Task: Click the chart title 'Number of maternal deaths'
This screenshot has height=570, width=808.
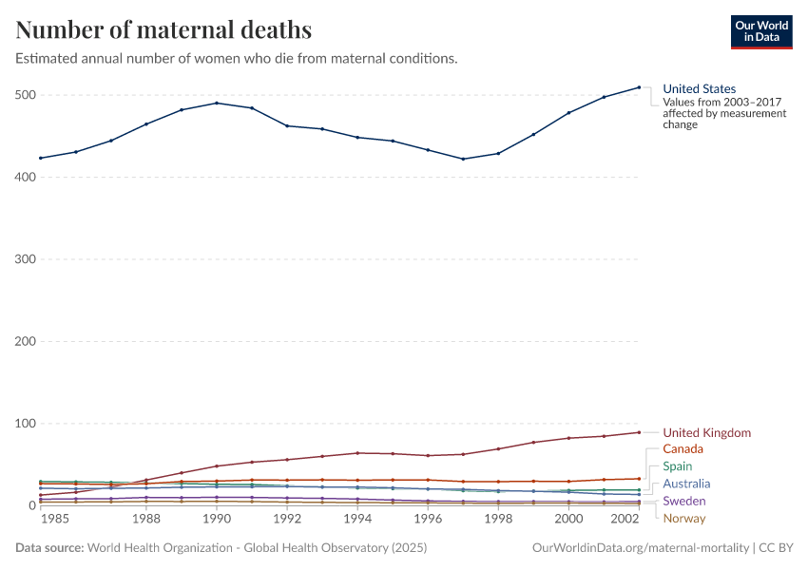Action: pyautogui.click(x=164, y=29)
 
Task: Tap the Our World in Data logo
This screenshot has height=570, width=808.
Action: pyautogui.click(x=760, y=31)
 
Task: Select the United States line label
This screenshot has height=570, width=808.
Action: pyautogui.click(x=699, y=89)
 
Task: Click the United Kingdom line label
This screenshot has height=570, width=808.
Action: pyautogui.click(x=706, y=433)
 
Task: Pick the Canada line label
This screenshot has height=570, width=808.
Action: pyautogui.click(x=683, y=448)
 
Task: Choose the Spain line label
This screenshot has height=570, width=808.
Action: pyautogui.click(x=677, y=466)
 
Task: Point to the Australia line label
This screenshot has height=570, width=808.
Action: pyautogui.click(x=686, y=484)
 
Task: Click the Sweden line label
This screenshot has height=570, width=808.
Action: pyautogui.click(x=683, y=501)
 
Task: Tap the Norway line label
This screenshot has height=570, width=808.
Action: pyautogui.click(x=684, y=518)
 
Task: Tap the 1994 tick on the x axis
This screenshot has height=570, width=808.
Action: pyautogui.click(x=357, y=520)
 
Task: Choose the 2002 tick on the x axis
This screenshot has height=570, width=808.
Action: pyautogui.click(x=625, y=520)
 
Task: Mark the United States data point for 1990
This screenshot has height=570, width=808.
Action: pyautogui.click(x=217, y=103)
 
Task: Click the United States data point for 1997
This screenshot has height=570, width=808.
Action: pyautogui.click(x=463, y=159)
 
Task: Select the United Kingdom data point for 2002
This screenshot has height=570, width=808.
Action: pyautogui.click(x=639, y=432)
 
